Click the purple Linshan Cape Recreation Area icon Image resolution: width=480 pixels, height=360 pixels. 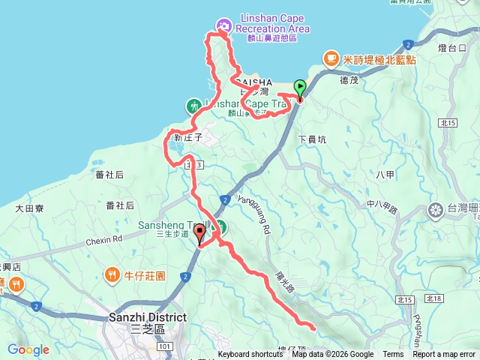point(223,25)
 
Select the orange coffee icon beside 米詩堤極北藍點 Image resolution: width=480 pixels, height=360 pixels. point(330,58)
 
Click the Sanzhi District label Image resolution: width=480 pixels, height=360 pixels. point(146,317)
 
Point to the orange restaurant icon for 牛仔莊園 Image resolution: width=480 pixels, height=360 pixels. point(112,273)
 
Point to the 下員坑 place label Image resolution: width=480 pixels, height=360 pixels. point(313,139)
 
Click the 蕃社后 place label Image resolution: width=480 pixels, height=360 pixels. point(109,175)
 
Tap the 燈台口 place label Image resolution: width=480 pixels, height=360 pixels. point(452,47)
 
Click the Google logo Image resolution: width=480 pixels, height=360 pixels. point(28,349)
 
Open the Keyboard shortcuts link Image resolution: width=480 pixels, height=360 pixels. point(250,355)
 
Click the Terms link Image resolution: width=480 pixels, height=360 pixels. point(393,355)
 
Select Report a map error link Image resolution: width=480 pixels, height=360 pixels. point(444,355)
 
